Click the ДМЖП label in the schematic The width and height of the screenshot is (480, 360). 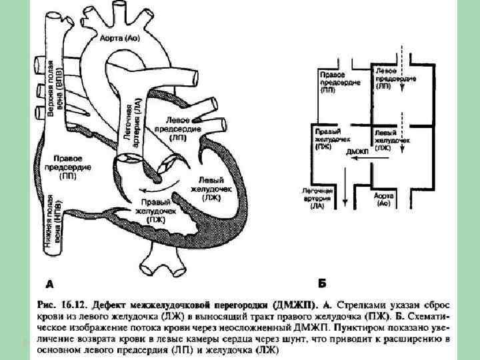(x=358, y=152)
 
